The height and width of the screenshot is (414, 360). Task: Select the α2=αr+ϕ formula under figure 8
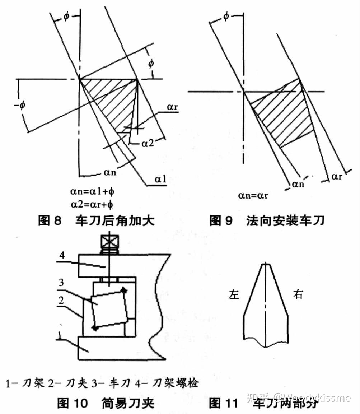[x=93, y=204]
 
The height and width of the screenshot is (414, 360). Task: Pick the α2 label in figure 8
[x=148, y=143]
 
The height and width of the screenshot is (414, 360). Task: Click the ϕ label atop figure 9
[x=226, y=17]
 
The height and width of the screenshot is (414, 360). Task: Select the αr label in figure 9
[x=337, y=176]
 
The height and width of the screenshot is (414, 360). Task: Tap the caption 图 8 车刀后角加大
[x=96, y=220]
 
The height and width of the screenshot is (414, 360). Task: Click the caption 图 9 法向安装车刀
[x=267, y=220]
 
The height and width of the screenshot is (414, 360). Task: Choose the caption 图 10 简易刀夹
[x=106, y=403]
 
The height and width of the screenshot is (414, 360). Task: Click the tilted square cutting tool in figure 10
[x=109, y=309]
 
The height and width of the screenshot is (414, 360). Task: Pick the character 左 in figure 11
[x=234, y=295]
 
